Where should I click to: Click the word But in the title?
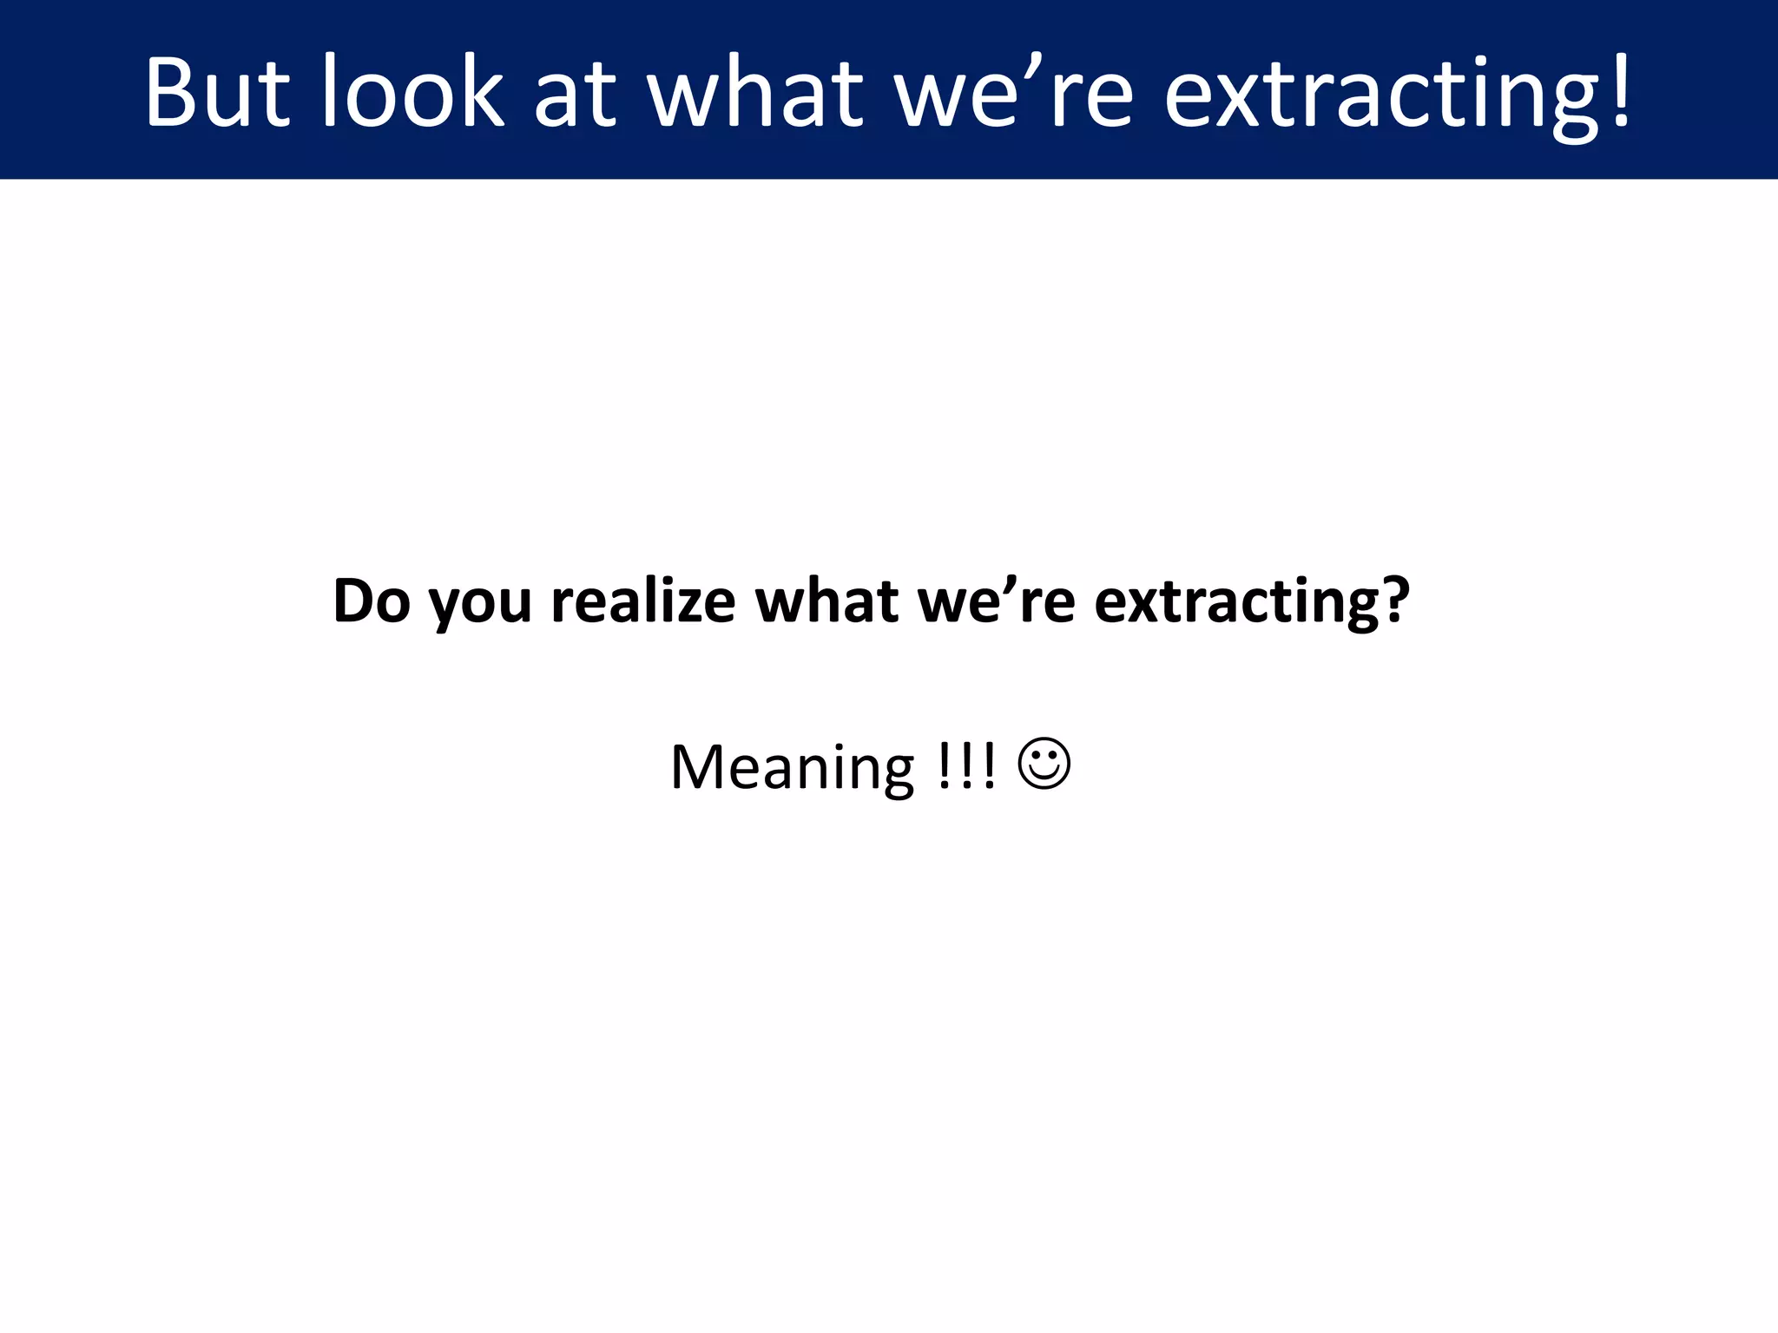coord(216,92)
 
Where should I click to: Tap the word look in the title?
coord(413,92)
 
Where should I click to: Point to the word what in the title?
coord(756,92)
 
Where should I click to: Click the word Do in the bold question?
coord(372,601)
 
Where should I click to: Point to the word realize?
coord(643,601)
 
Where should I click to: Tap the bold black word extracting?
coord(1234,602)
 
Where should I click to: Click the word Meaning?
coord(792,767)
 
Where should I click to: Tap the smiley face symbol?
coord(1044,764)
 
